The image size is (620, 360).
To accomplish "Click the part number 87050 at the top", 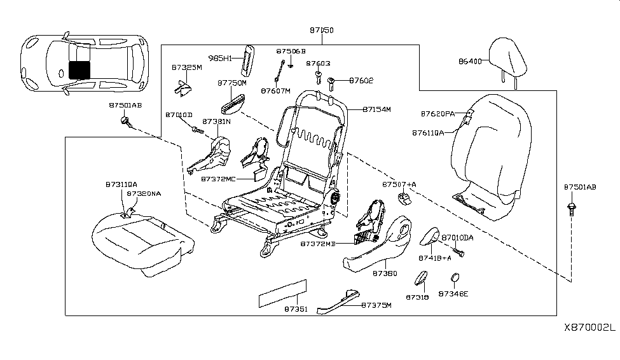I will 322,30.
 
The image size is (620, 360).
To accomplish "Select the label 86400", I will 471,62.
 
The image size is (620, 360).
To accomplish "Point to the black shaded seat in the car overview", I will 79,69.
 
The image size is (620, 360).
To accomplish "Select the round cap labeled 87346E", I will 455,278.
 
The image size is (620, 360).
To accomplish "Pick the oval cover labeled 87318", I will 421,279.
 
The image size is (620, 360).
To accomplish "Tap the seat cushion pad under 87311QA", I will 140,242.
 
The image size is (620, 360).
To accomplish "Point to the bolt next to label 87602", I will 333,81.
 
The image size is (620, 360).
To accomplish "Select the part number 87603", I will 318,64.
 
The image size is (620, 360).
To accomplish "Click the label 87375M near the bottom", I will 376,305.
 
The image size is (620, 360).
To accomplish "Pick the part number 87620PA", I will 437,113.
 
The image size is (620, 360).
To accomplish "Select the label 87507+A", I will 399,184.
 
